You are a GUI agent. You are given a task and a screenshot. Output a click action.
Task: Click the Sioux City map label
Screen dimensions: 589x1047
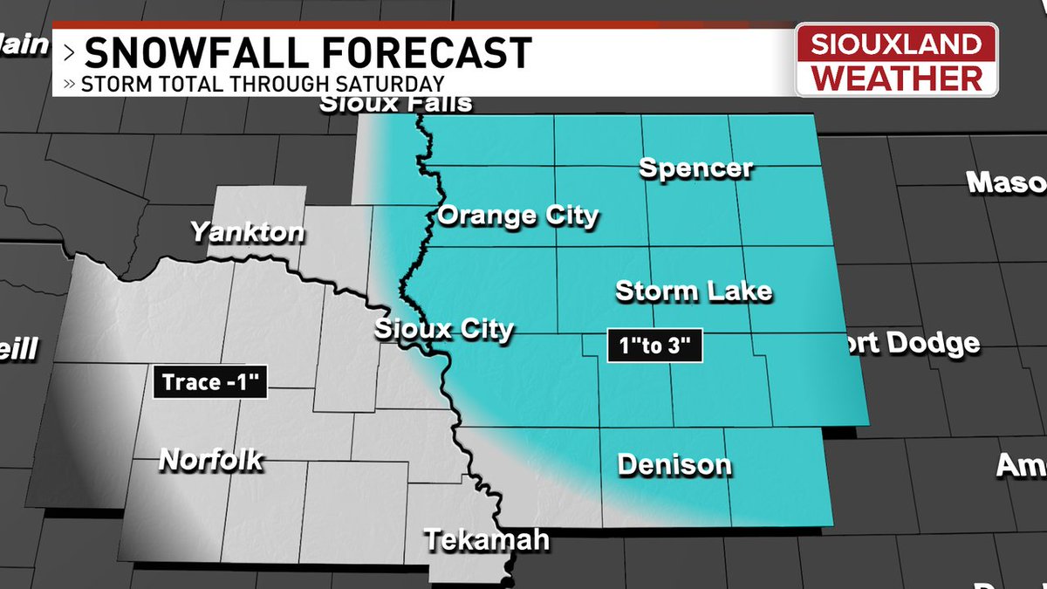[444, 330]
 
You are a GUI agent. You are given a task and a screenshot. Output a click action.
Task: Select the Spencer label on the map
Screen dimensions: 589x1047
[695, 168]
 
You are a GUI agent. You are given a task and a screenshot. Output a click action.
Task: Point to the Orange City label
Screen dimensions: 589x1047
[518, 216]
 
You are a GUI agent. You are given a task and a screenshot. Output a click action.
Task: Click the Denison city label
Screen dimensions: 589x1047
[674, 464]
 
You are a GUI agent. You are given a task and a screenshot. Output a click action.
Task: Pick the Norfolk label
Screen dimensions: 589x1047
[210, 459]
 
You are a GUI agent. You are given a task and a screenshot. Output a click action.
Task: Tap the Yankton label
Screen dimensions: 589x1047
[249, 233]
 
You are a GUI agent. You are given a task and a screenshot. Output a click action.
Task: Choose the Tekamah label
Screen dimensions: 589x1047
[487, 539]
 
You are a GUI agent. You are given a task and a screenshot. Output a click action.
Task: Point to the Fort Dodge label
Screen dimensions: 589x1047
[912, 343]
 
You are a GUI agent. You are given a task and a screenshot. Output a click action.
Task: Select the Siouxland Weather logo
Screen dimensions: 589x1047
[896, 59]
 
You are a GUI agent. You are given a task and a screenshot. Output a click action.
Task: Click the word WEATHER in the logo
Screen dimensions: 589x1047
[896, 79]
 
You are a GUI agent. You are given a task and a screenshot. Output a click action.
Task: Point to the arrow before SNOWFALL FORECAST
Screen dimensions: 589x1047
[70, 54]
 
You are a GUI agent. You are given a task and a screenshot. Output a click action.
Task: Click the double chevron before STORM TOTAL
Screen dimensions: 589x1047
[70, 85]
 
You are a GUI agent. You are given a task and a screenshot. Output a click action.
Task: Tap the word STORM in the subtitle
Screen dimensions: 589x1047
[108, 85]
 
